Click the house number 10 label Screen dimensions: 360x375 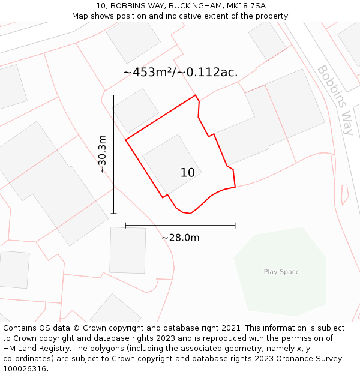click(x=187, y=173)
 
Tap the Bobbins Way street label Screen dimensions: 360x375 click(x=335, y=92)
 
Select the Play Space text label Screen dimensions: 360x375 click(x=281, y=272)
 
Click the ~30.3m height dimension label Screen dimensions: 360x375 click(x=103, y=154)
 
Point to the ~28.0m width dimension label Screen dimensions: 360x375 click(x=180, y=238)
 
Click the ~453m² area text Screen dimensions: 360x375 click(x=149, y=73)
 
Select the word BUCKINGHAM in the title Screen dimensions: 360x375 click(x=193, y=6)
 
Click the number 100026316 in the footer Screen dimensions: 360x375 click(x=25, y=368)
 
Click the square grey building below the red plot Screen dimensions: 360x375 click(x=127, y=250)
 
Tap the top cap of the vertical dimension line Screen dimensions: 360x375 click(x=114, y=95)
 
